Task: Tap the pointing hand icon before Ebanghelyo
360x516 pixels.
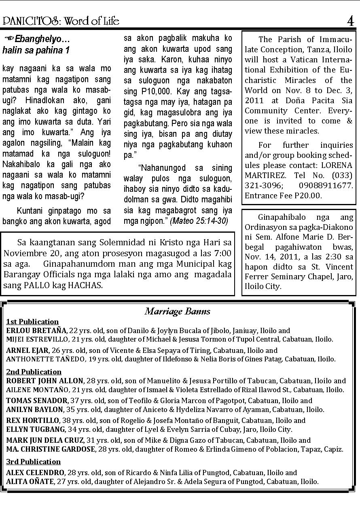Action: click(8, 39)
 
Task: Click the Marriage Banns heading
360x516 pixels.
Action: click(178, 311)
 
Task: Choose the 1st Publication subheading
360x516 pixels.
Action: click(32, 322)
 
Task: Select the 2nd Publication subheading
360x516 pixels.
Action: click(34, 372)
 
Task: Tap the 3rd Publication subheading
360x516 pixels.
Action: click(34, 462)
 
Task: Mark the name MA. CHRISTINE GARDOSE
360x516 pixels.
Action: click(50, 449)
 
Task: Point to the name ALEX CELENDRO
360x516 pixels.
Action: click(35, 472)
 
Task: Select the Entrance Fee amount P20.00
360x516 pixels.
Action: click(307, 195)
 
